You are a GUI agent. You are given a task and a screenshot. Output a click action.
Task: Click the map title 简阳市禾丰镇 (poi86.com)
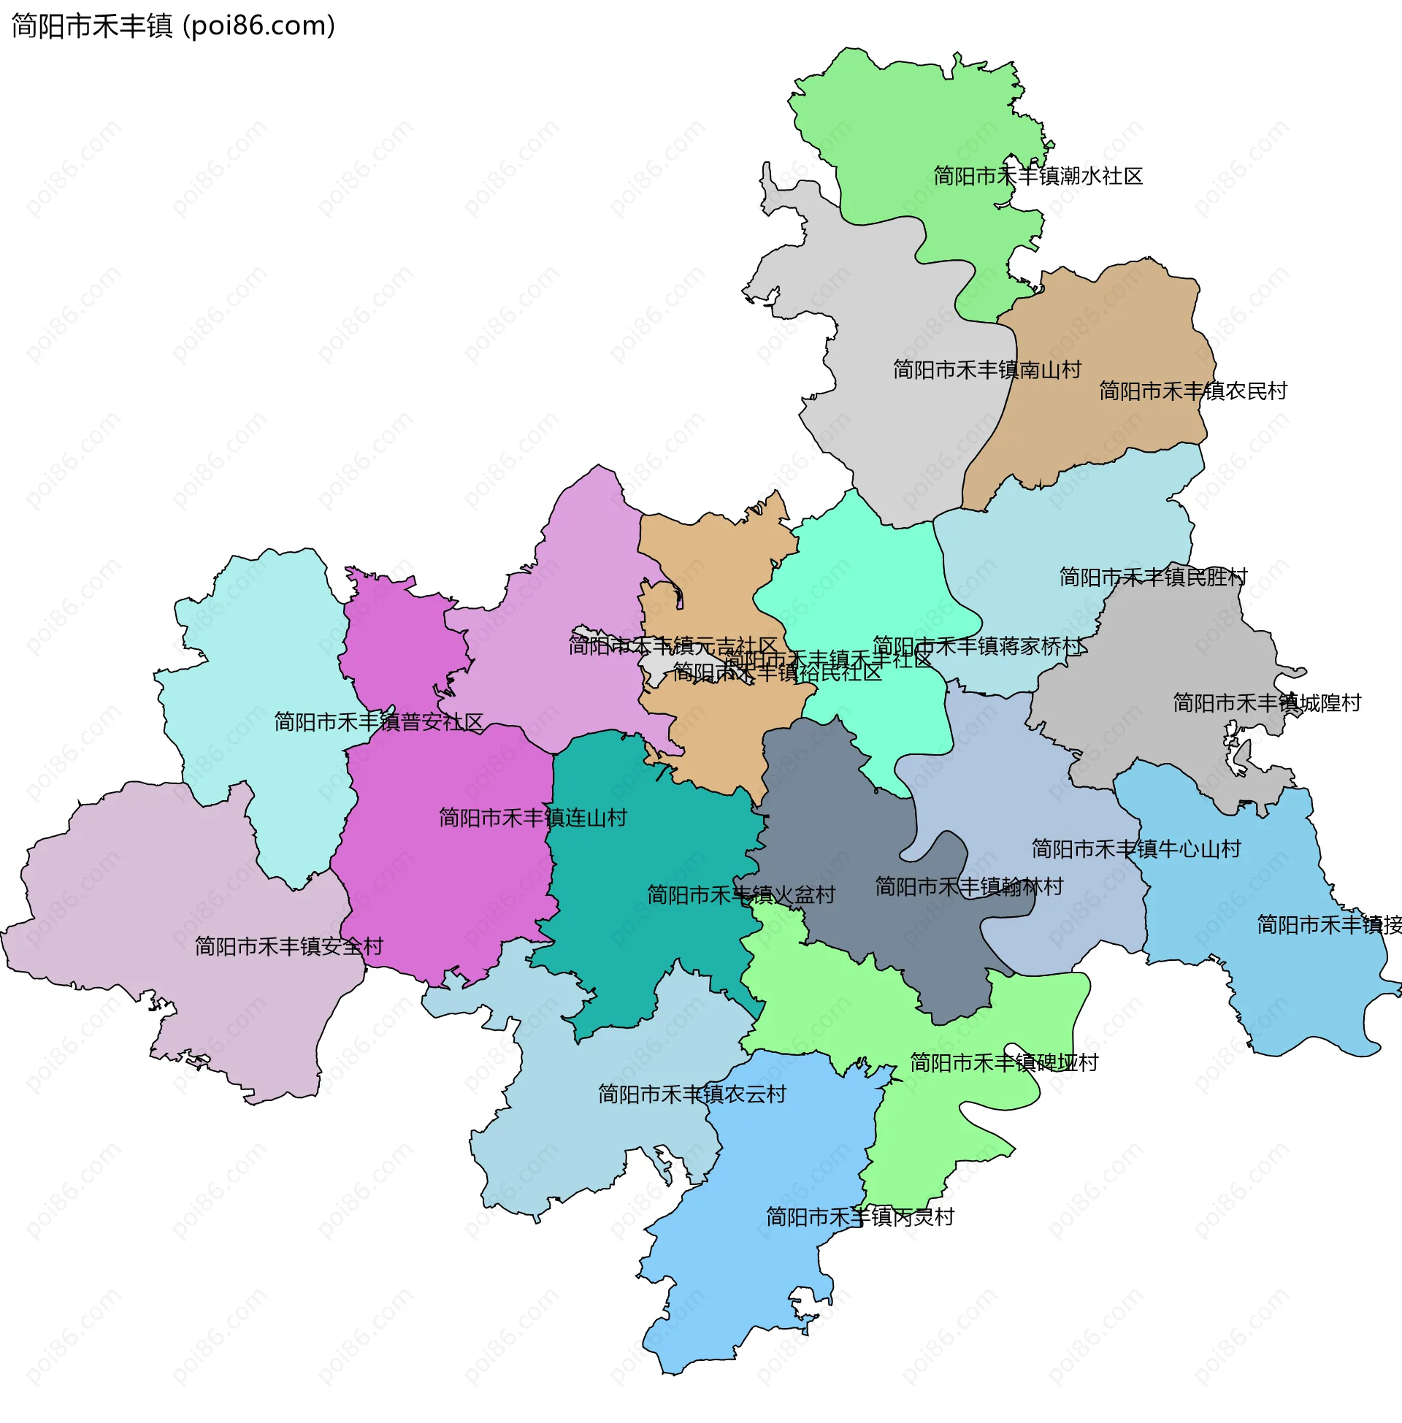[x=173, y=26]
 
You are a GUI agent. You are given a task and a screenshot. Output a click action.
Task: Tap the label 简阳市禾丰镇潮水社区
[x=1038, y=176]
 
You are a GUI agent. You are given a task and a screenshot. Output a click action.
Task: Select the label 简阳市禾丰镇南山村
[x=987, y=369]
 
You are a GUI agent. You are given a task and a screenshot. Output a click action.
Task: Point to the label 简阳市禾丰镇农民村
[x=1193, y=391]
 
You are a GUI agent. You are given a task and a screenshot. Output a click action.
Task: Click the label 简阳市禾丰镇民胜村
[x=1153, y=577]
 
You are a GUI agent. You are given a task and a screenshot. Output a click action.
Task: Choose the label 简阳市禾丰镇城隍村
[x=1266, y=703]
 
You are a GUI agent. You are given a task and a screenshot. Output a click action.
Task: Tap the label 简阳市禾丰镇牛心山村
[x=1135, y=849]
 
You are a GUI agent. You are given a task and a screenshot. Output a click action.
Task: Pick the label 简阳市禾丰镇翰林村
[x=969, y=886]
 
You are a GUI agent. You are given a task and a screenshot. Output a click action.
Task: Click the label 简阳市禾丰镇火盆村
[x=740, y=894]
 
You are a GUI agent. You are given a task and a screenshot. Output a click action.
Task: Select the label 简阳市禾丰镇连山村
[x=532, y=817]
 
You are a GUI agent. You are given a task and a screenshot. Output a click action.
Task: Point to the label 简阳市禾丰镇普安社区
[x=378, y=721]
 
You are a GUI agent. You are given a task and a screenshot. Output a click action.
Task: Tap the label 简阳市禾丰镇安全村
[x=288, y=946]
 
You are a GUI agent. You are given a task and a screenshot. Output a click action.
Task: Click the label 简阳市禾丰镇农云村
[x=692, y=1094]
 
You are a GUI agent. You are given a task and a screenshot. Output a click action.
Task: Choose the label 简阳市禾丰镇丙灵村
[x=859, y=1217]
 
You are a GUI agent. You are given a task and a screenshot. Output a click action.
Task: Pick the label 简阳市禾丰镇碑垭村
[x=1003, y=1062]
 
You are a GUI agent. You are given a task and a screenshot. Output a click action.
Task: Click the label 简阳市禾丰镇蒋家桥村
[x=978, y=645]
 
